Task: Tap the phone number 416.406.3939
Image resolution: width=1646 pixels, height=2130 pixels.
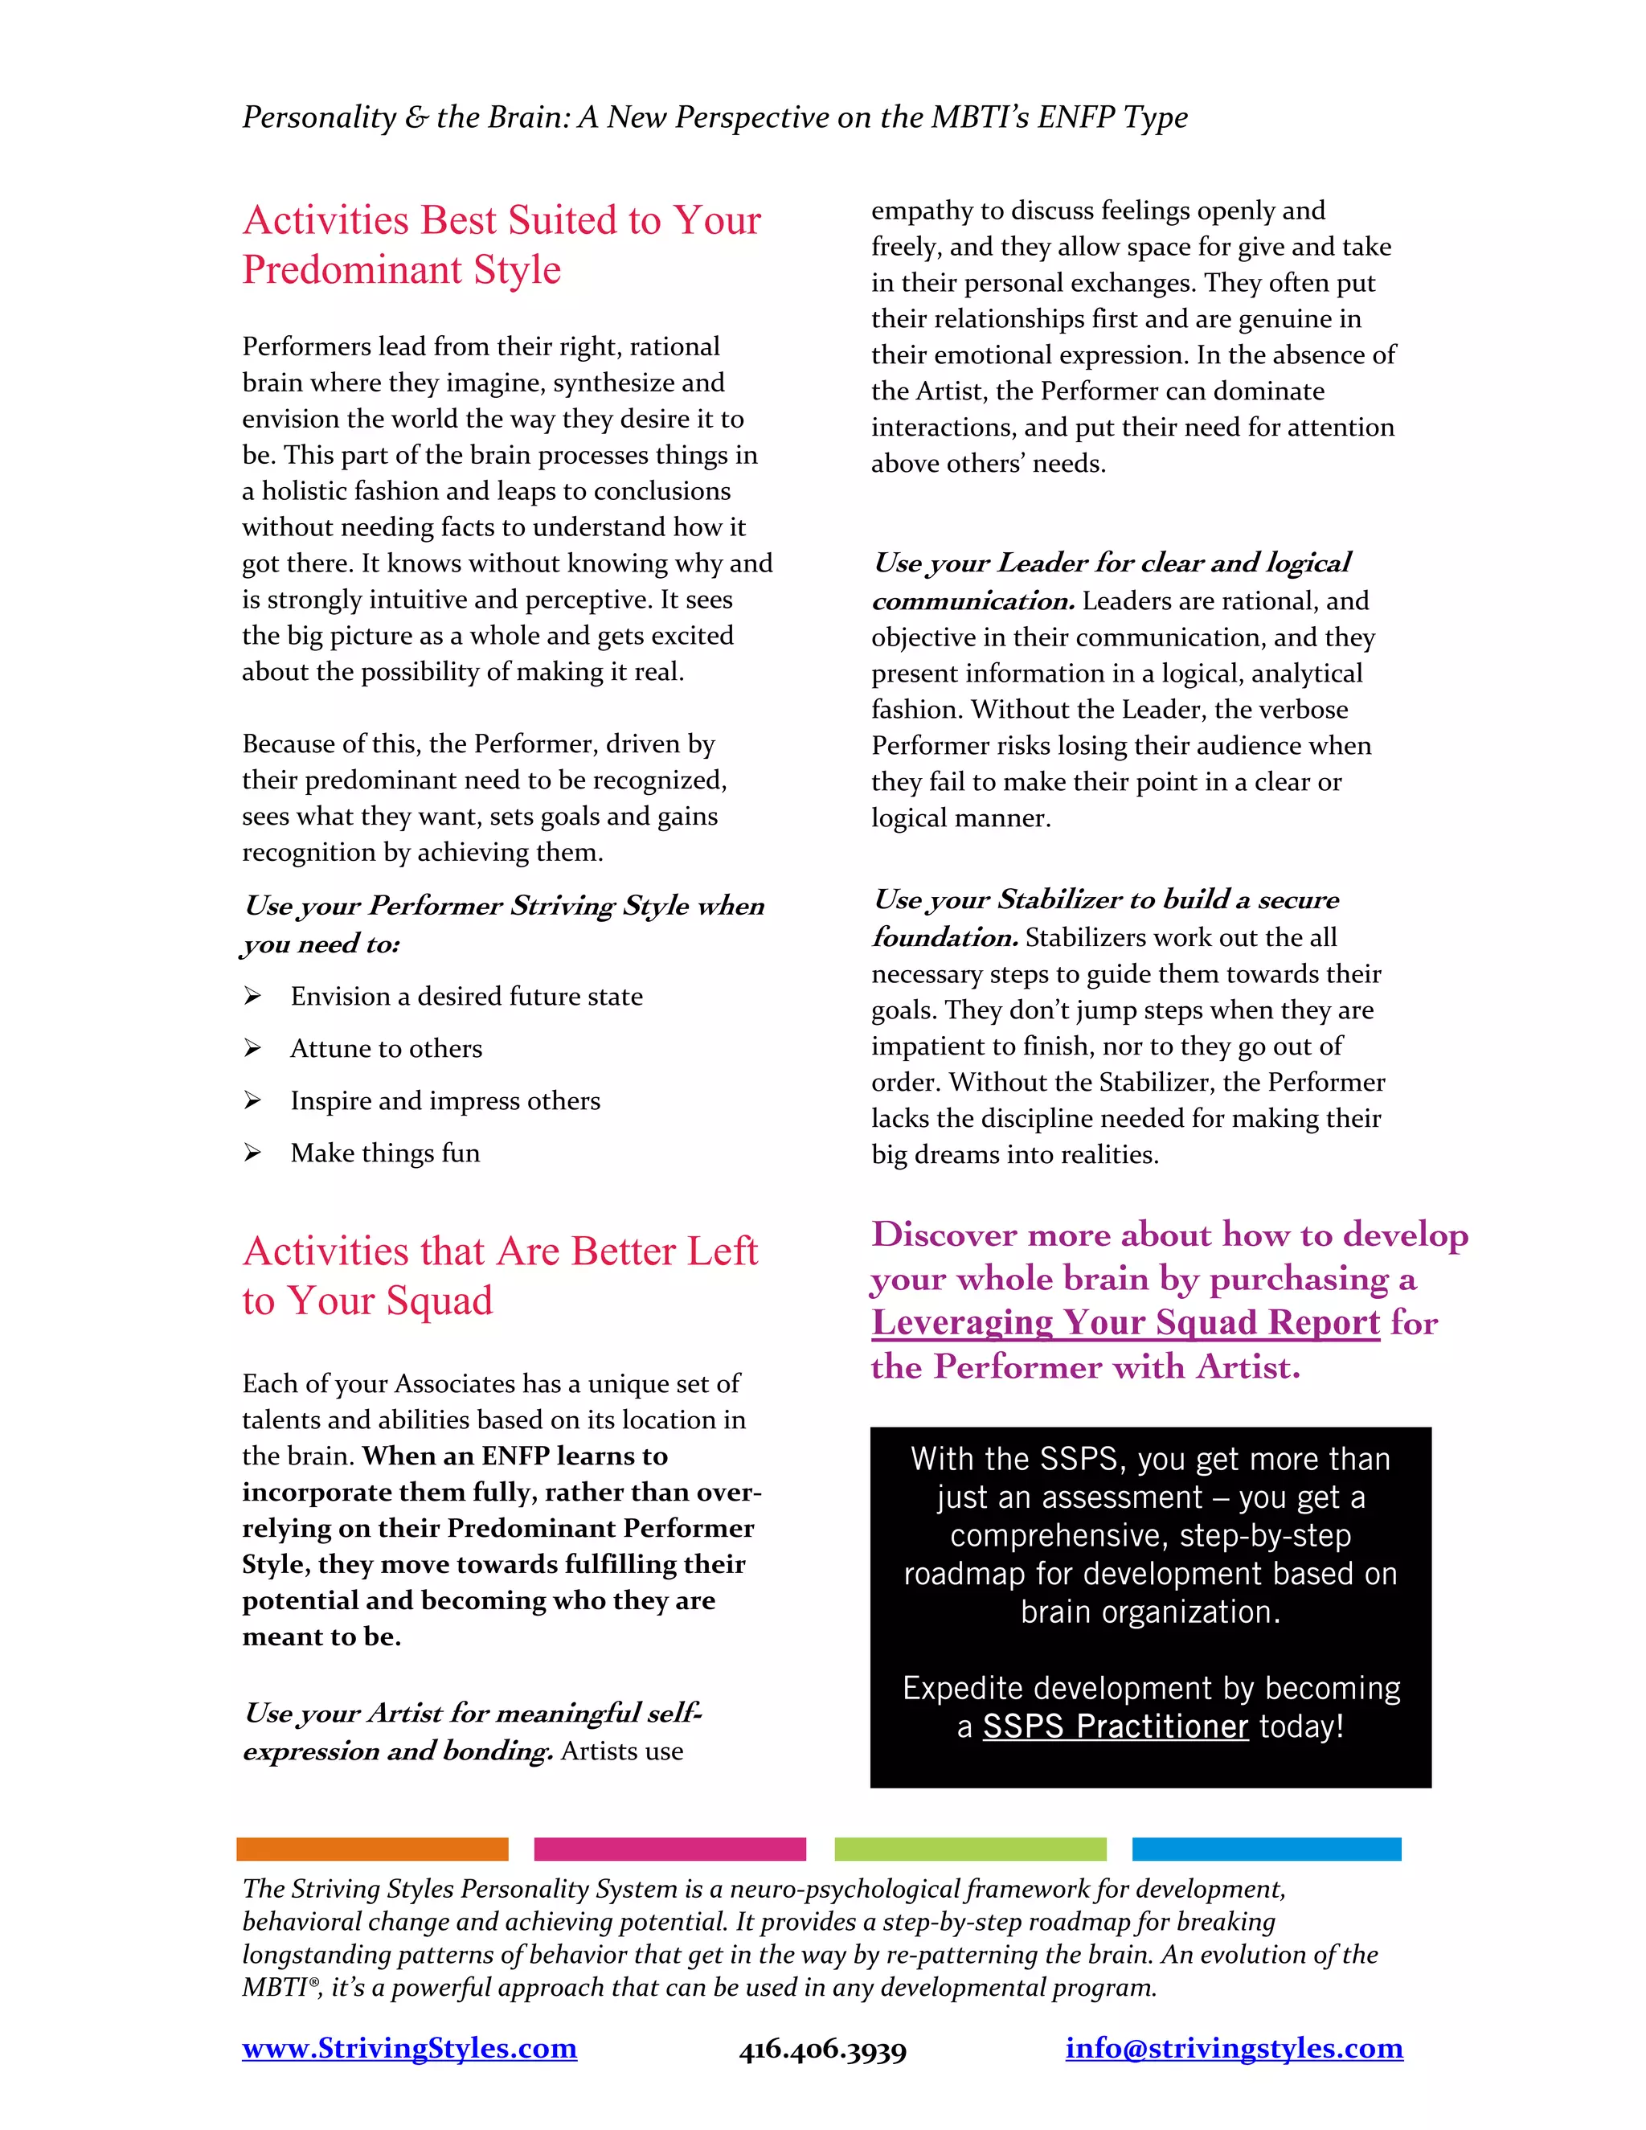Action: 822,2050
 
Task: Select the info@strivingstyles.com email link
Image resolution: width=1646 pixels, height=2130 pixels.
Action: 1234,2048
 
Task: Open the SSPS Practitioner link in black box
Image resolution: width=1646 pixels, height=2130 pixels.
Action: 1115,1727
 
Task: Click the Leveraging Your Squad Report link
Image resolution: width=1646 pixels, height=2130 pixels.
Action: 1125,1322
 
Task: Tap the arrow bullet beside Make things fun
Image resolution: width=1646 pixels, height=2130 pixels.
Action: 252,1153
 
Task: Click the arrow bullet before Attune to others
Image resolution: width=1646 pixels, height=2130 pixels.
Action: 252,1048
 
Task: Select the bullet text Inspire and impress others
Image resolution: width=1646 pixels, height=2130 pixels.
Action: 444,1101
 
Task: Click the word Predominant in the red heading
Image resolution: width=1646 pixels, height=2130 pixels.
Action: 352,270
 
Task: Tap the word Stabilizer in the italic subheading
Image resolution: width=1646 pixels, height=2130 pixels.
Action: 1062,899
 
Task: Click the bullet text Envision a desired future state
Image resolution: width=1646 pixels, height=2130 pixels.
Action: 466,997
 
